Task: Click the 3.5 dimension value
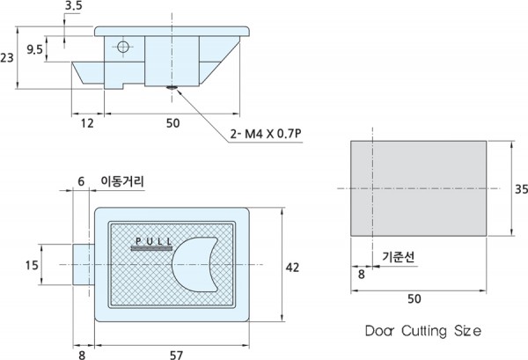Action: coord(73,7)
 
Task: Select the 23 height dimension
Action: coord(7,58)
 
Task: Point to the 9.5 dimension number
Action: coord(35,50)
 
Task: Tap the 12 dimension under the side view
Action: coord(87,123)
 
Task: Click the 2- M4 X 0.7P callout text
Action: coord(266,134)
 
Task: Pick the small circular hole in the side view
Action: coord(123,47)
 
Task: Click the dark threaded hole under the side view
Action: coord(172,88)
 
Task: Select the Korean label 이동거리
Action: coord(122,182)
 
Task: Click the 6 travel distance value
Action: coord(81,181)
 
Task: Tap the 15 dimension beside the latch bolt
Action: coord(32,265)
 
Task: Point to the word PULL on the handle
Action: coord(154,241)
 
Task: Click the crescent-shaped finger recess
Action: coord(194,264)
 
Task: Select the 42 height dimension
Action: coord(292,268)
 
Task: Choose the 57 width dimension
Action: coord(176,355)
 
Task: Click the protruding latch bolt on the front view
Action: coord(84,265)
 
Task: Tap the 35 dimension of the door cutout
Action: coord(521,189)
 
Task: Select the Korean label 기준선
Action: coord(399,257)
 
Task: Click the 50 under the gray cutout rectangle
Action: coord(414,298)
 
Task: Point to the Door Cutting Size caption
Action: coord(423,331)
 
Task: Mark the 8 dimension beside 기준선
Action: coord(362,275)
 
